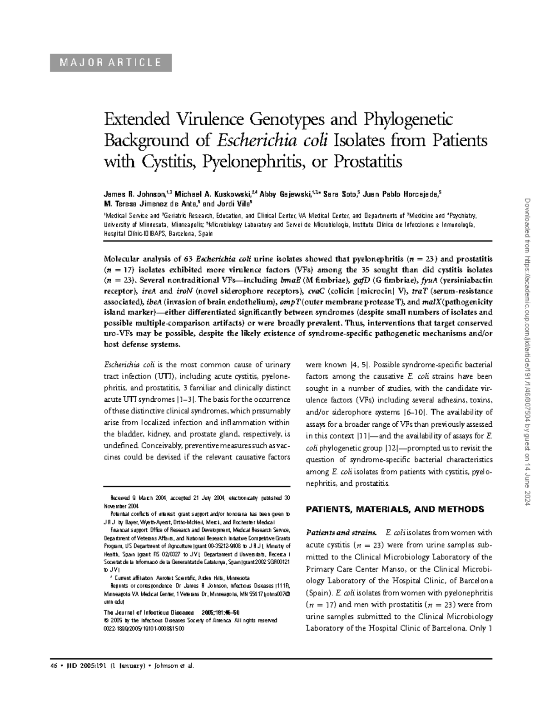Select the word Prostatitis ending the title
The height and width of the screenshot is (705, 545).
click(x=368, y=161)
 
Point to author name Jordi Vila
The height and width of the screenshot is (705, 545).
click(x=232, y=203)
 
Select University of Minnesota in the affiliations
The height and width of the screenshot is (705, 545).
click(x=131, y=225)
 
